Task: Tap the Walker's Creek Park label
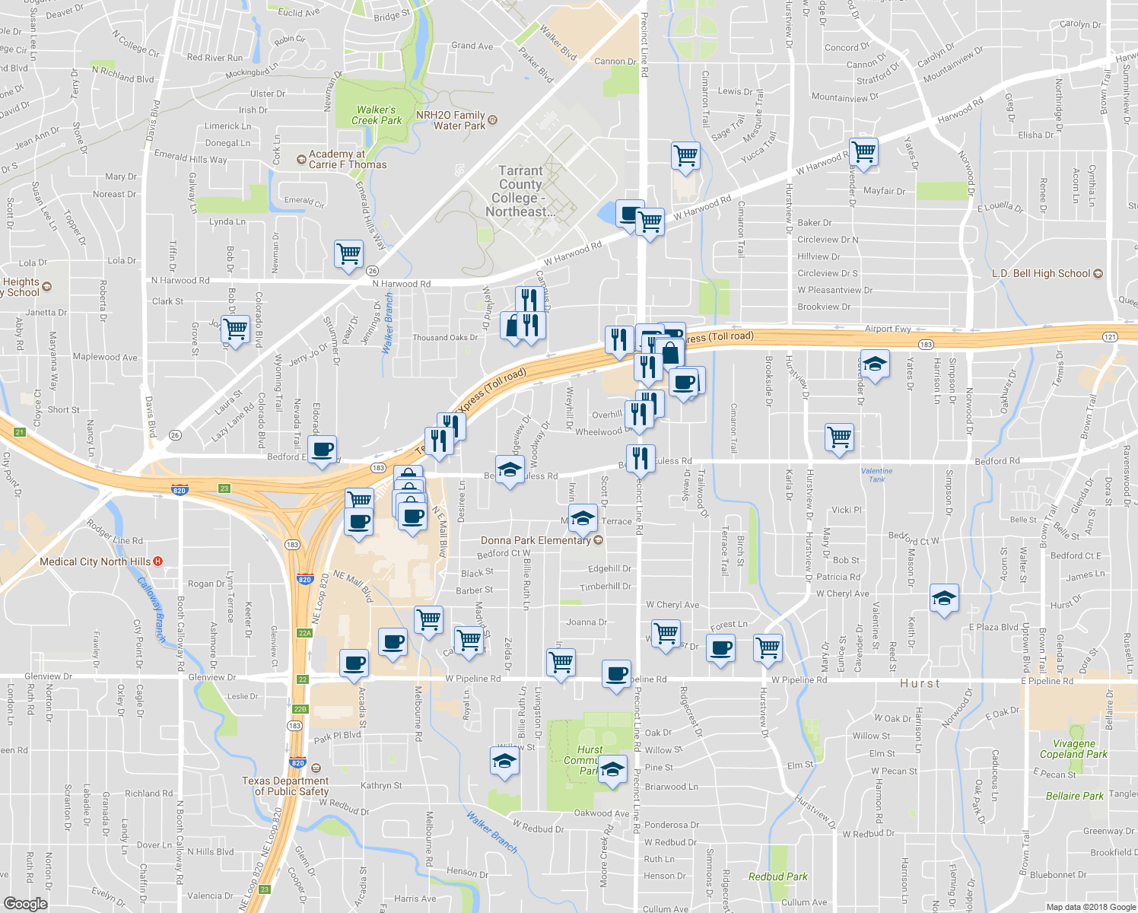tap(376, 115)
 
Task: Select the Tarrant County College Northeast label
tap(521, 191)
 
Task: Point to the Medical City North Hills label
tap(95, 561)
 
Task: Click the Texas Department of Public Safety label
tap(285, 786)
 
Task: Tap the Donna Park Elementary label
tap(536, 540)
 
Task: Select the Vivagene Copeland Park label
tap(1073, 749)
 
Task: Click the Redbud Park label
tap(777, 876)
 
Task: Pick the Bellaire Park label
tap(1074, 796)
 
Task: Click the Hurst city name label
tap(920, 683)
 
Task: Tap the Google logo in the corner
tap(25, 903)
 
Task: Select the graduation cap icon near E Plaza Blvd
tap(944, 598)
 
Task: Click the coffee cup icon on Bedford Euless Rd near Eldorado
tap(323, 450)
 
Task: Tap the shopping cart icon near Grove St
tap(235, 329)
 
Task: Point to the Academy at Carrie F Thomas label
tap(347, 159)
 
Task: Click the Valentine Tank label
tap(876, 475)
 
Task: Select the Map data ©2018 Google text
tap(1089, 906)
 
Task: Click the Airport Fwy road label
tap(887, 329)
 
